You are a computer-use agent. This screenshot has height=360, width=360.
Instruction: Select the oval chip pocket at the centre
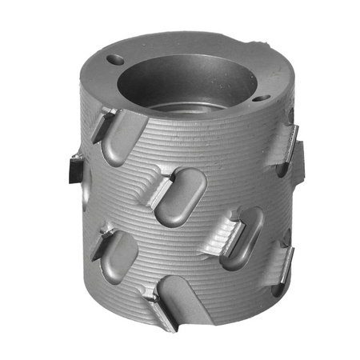pos(181,195)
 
